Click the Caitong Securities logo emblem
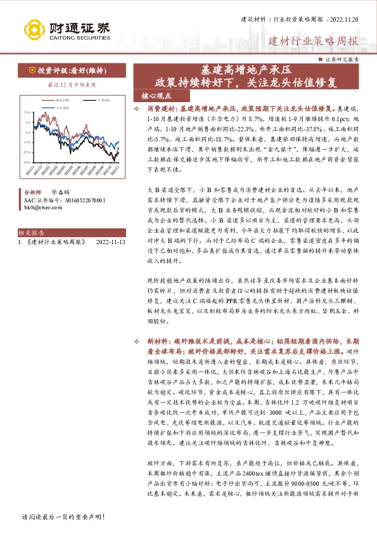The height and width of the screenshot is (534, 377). tap(37, 29)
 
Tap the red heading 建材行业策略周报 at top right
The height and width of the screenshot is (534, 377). tap(313, 42)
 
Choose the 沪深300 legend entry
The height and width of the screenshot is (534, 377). tap(103, 100)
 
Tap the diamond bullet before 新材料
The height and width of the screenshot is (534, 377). tap(146, 341)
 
